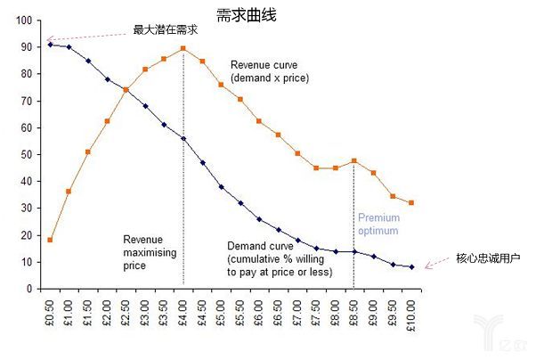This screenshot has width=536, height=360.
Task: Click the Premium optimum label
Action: [378, 224]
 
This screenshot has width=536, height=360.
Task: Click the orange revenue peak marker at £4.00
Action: [183, 48]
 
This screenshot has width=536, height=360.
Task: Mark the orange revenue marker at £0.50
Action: [50, 240]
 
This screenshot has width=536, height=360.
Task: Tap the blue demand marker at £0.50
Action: [50, 45]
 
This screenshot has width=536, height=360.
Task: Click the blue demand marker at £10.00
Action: [411, 266]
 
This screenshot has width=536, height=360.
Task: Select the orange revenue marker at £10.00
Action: [411, 202]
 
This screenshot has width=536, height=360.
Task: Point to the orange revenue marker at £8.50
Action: [354, 160]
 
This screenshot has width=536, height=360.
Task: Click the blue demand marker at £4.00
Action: [183, 138]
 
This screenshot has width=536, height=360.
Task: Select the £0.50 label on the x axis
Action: [51, 307]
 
